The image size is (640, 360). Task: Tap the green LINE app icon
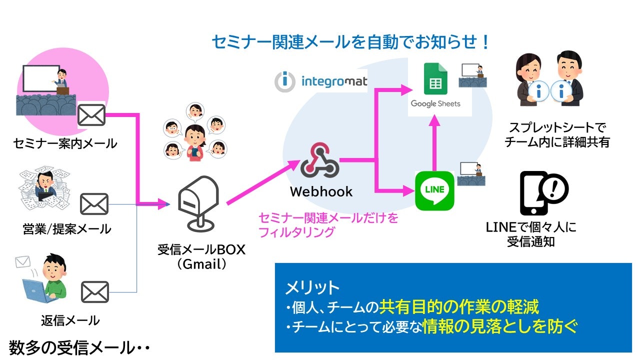pyautogui.click(x=434, y=190)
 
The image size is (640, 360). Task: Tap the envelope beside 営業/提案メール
pyautogui.click(x=94, y=204)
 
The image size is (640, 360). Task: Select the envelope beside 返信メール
pyautogui.click(x=94, y=291)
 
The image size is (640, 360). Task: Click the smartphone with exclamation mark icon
pyautogui.click(x=543, y=192)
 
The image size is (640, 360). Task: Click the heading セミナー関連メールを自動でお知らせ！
pyautogui.click(x=350, y=42)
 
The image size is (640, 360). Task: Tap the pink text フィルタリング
pyautogui.click(x=296, y=232)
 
